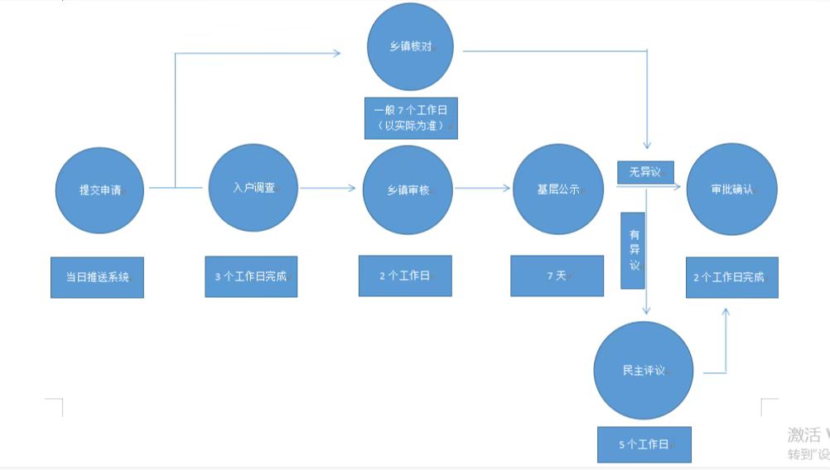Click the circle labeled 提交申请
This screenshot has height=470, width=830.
pos(99,189)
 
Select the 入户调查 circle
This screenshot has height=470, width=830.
pos(253,188)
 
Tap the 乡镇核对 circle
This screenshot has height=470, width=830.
pos(411,46)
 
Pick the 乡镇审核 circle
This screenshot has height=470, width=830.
pos(408,189)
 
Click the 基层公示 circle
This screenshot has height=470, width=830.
pos(558,189)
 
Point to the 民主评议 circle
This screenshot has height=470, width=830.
pos(644,371)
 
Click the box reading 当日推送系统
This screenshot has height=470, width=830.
pos(97,278)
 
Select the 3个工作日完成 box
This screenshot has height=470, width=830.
pos(251,276)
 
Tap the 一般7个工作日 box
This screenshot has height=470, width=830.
pos(411,117)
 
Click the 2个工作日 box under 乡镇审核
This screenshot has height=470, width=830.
pos(405,276)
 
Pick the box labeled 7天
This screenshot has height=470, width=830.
pos(557,276)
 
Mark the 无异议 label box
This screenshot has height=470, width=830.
pos(645,171)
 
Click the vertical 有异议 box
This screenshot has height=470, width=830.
pos(633,251)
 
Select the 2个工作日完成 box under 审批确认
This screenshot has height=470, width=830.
pos(732,277)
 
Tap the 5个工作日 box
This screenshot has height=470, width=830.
pos(644,444)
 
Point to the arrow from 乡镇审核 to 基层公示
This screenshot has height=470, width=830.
pos(483,189)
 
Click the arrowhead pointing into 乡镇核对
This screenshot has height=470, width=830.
pos(335,53)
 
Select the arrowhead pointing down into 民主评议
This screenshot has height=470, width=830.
pos(645,309)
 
